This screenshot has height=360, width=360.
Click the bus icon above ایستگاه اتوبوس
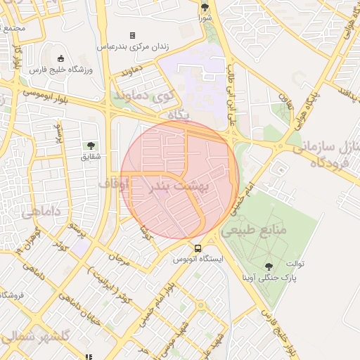coord(198,248)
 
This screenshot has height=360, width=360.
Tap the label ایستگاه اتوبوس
coord(198,259)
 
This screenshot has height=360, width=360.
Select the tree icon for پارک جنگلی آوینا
coord(269,266)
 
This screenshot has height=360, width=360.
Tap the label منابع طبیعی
coord(254,230)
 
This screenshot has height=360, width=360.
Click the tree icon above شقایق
coord(91,146)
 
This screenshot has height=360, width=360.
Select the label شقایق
coord(91,156)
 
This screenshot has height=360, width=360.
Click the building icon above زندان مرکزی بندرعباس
coord(132,35)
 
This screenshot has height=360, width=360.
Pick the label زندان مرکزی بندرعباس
coord(132,46)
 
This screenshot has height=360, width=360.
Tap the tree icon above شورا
coord(205,8)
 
